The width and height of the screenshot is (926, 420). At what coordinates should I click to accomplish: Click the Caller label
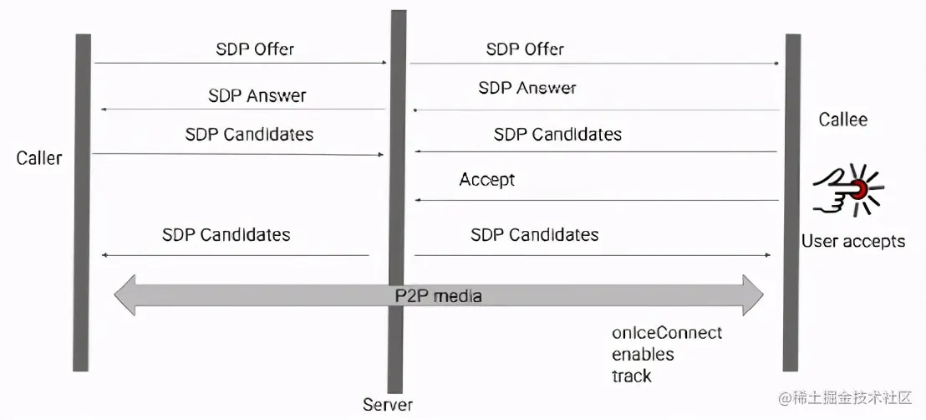39,157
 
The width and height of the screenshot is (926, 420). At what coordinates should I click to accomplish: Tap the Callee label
842,120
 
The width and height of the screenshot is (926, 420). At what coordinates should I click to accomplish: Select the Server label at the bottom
388,405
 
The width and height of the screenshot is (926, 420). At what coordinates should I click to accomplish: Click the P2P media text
438,295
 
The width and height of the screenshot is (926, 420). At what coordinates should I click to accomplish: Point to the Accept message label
486,179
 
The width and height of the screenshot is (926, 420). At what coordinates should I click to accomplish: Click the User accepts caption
852,242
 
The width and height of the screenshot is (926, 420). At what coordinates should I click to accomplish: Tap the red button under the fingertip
859,190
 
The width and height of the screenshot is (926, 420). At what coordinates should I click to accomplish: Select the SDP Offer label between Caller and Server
255,49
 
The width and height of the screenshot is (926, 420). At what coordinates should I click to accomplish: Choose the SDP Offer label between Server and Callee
525,49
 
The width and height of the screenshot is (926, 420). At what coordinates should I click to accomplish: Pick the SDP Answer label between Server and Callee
527,88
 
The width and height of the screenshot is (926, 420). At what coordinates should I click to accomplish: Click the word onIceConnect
666,333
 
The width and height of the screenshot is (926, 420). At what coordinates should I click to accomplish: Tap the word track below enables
631,376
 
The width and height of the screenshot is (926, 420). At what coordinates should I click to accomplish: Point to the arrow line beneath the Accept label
597,200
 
